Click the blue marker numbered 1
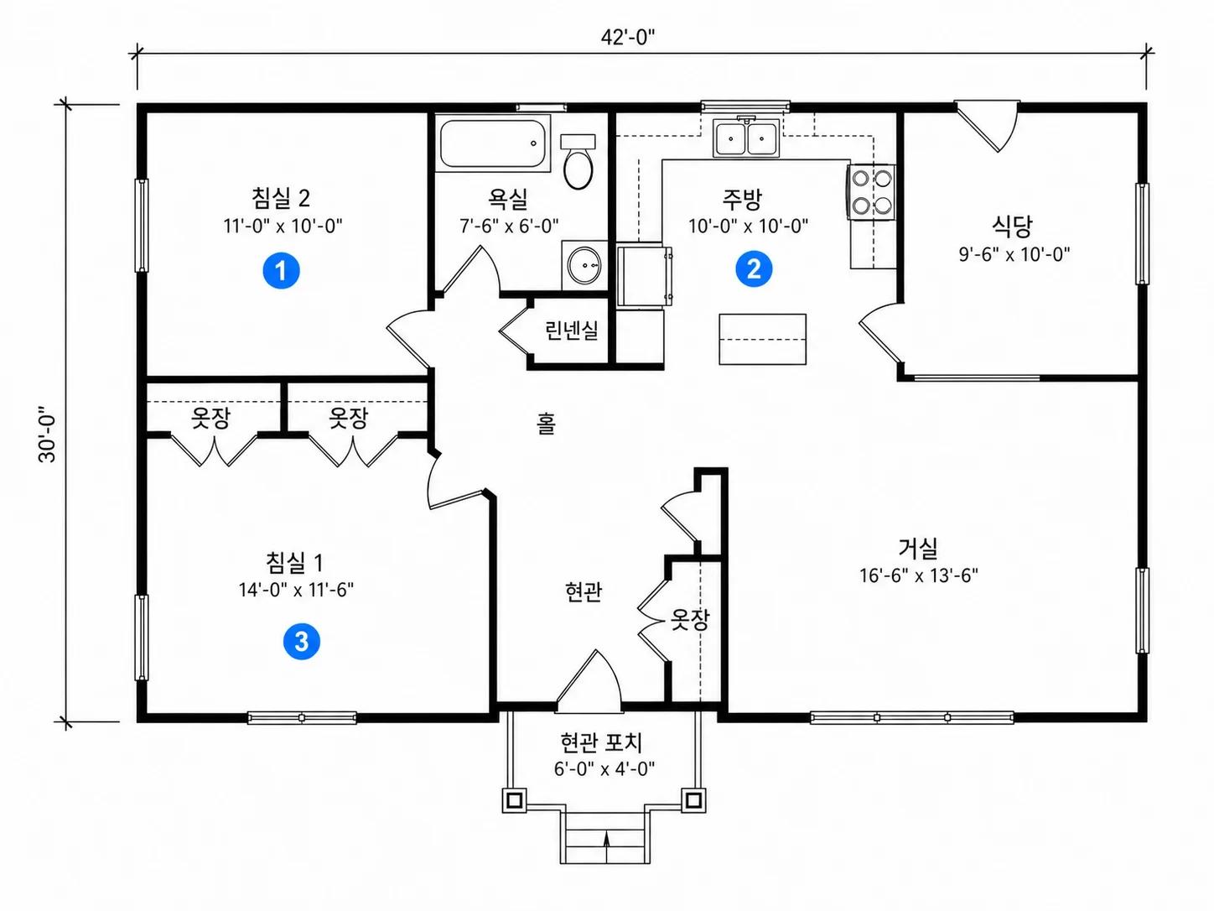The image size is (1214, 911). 281,270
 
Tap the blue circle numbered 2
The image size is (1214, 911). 754,268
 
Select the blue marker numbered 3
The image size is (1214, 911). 302,641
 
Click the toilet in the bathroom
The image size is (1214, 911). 578,161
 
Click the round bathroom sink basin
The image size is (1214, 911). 584,266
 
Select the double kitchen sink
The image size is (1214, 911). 746,138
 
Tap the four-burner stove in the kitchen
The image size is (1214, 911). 871,192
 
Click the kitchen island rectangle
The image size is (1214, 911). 762,339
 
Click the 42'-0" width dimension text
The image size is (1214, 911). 628,38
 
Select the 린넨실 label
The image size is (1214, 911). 571,331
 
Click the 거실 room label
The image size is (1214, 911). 918,547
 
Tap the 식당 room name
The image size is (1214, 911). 1012,225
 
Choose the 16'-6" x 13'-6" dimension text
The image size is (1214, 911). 919,575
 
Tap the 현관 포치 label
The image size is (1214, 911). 602,742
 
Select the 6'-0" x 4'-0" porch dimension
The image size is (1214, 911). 604,769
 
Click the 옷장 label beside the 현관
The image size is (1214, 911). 689,619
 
